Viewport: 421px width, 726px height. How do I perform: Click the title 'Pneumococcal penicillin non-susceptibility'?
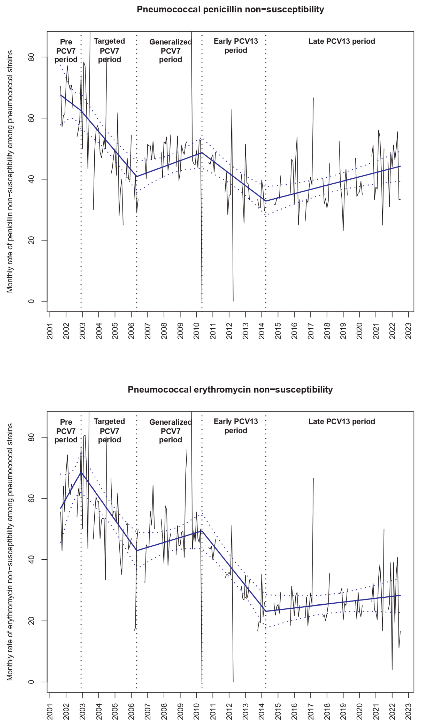click(230, 10)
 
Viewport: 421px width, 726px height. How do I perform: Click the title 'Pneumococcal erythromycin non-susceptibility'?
click(230, 390)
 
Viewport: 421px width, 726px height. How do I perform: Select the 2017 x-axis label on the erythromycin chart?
click(311, 711)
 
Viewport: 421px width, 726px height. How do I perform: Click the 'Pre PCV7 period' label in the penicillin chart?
click(66, 51)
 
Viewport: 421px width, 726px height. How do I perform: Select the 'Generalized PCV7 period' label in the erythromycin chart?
click(170, 431)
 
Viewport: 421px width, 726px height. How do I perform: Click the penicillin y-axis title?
click(10, 171)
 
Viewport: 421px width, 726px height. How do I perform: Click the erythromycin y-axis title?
click(10, 552)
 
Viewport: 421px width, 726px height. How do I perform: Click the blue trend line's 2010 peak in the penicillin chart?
click(202, 152)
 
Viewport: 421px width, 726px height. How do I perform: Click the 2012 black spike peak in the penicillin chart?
click(232, 110)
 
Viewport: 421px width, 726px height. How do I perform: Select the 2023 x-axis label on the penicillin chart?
click(409, 331)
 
